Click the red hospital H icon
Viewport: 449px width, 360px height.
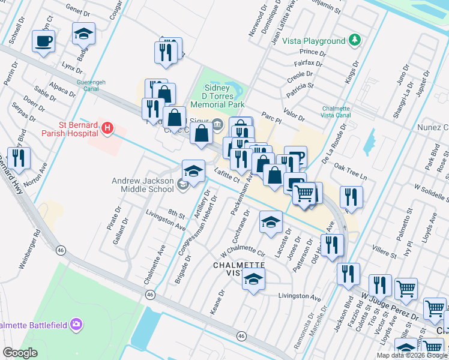[107, 127]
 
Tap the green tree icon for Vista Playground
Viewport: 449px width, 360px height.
[355, 40]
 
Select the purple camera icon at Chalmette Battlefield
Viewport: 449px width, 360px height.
[76, 325]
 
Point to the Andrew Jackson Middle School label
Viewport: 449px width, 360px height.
[143, 185]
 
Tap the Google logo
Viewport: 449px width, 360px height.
[20, 353]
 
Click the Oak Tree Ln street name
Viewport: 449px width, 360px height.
[350, 172]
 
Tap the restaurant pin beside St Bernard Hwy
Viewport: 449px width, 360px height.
[19, 158]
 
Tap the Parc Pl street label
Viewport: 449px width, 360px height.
[271, 115]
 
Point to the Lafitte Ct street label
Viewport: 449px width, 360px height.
[227, 176]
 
